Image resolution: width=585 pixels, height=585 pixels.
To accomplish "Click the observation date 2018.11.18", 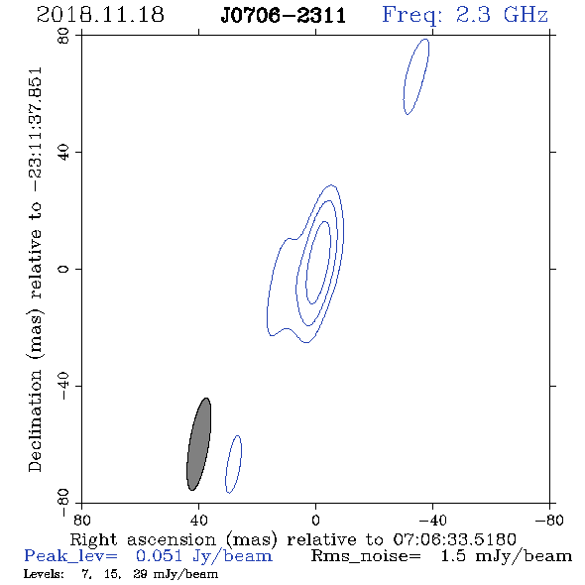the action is coord(100,15).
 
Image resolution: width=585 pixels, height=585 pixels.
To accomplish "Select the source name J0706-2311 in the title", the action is coord(284,16).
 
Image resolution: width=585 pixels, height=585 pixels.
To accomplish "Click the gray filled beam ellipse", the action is coord(199,444).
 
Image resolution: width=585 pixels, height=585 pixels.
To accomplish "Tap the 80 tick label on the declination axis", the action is coord(63,36).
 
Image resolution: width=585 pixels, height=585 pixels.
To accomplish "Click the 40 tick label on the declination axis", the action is coord(63,153).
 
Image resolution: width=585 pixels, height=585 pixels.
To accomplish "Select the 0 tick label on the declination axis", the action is coord(63,269).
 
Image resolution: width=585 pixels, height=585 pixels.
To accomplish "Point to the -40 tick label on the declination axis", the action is coord(63,386).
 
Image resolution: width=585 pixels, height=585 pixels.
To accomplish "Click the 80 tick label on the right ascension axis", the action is coord(81,521).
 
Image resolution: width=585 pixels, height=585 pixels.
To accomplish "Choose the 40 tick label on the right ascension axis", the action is coord(198,521).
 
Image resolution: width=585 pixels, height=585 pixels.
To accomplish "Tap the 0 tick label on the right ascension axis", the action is coord(315,521).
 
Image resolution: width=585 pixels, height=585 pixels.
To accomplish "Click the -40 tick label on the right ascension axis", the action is coord(432,521).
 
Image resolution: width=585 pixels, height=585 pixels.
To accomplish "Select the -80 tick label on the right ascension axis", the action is coord(549,521).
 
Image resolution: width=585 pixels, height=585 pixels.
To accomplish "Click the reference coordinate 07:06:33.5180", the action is coord(454,539).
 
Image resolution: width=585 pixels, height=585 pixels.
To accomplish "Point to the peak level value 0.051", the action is coord(159,556).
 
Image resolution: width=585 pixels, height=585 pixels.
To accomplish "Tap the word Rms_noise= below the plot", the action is coord(366,557).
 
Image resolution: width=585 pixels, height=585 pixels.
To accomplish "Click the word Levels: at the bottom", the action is coord(44,574).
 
